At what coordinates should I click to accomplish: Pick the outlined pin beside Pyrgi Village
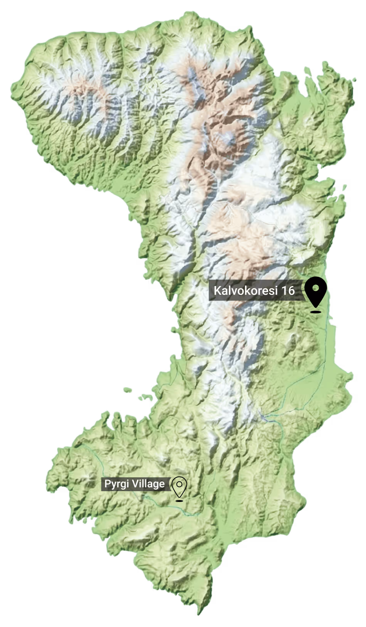click(x=179, y=486)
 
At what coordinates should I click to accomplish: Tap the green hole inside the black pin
click(x=316, y=288)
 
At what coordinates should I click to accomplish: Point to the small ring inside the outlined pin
click(x=179, y=483)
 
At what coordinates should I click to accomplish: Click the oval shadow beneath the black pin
click(x=316, y=311)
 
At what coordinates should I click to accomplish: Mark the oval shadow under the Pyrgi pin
click(x=179, y=501)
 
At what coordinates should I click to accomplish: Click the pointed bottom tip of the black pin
click(x=316, y=306)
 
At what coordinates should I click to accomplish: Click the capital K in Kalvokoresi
click(x=217, y=290)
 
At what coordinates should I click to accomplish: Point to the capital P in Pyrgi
click(x=106, y=483)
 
